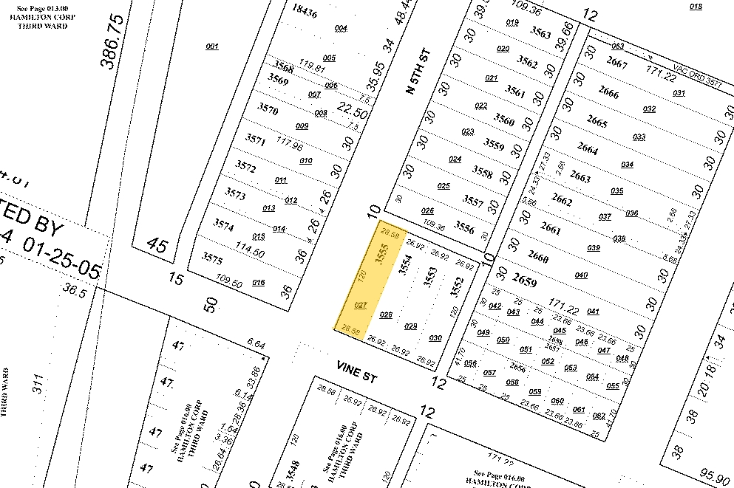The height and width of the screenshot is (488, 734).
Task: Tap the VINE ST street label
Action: (x=356, y=372)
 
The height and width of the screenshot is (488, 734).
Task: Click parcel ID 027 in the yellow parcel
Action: (x=361, y=305)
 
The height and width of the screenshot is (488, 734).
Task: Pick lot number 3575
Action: (x=212, y=258)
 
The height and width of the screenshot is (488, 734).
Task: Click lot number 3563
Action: (x=540, y=34)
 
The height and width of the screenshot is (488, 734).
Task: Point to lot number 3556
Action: (x=464, y=227)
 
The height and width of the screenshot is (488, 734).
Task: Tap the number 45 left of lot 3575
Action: (x=157, y=244)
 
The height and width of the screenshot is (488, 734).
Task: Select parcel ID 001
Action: (x=212, y=47)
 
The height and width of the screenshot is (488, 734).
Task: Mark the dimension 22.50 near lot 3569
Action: (x=353, y=109)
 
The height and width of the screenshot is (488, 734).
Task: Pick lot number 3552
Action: (x=456, y=285)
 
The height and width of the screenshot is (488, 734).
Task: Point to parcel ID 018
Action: (x=695, y=7)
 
